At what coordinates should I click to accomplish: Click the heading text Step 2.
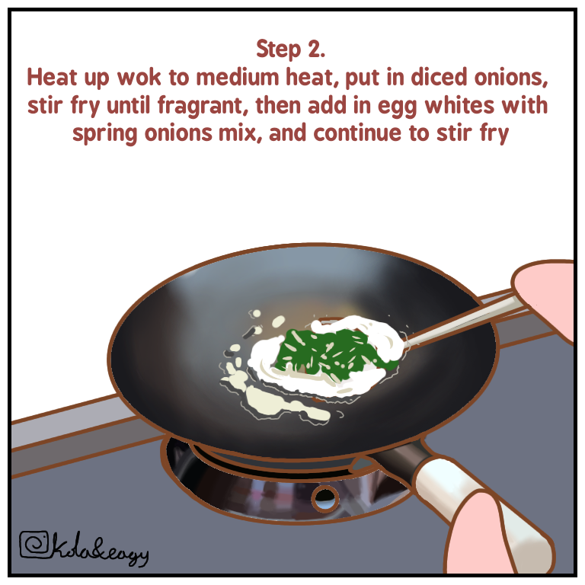click(291, 50)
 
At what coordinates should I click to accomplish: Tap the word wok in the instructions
click(139, 78)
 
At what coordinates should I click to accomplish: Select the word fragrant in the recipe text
click(200, 106)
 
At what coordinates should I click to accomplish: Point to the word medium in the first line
click(238, 77)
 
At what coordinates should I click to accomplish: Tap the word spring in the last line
click(105, 134)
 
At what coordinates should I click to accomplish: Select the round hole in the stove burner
click(325, 497)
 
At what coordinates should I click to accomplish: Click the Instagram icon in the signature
click(34, 545)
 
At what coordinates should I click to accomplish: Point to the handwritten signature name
click(99, 549)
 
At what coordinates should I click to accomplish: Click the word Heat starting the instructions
click(53, 77)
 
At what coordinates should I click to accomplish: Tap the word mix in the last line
click(238, 133)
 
